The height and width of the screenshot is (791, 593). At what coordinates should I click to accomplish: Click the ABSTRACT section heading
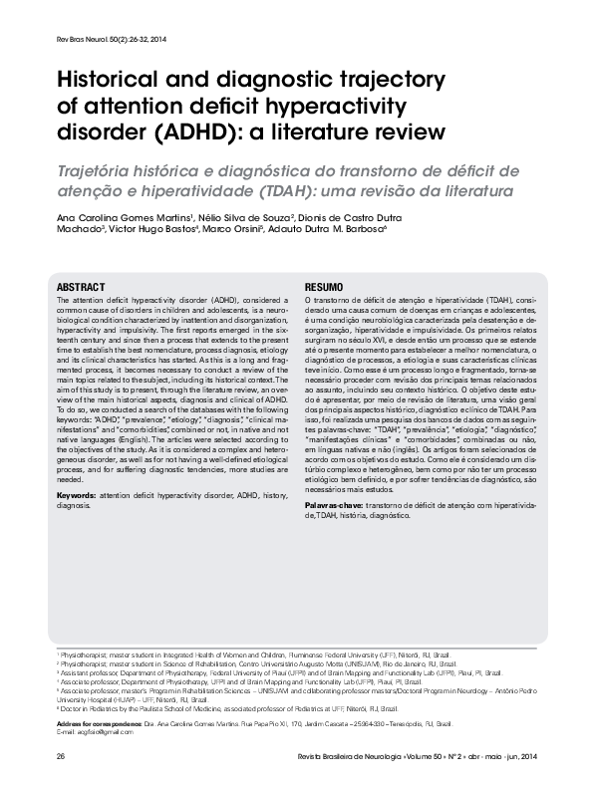[x=82, y=286]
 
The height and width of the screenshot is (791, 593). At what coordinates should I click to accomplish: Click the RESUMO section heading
[x=325, y=286]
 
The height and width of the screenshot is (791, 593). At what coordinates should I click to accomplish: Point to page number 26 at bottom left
[x=62, y=759]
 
